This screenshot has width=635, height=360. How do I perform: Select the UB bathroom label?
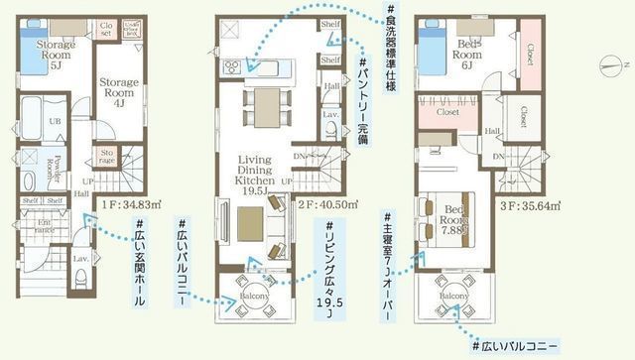pos(55,122)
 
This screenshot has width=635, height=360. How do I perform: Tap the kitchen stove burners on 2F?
pos(233,67)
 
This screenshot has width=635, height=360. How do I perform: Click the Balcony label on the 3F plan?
pos(455,296)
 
